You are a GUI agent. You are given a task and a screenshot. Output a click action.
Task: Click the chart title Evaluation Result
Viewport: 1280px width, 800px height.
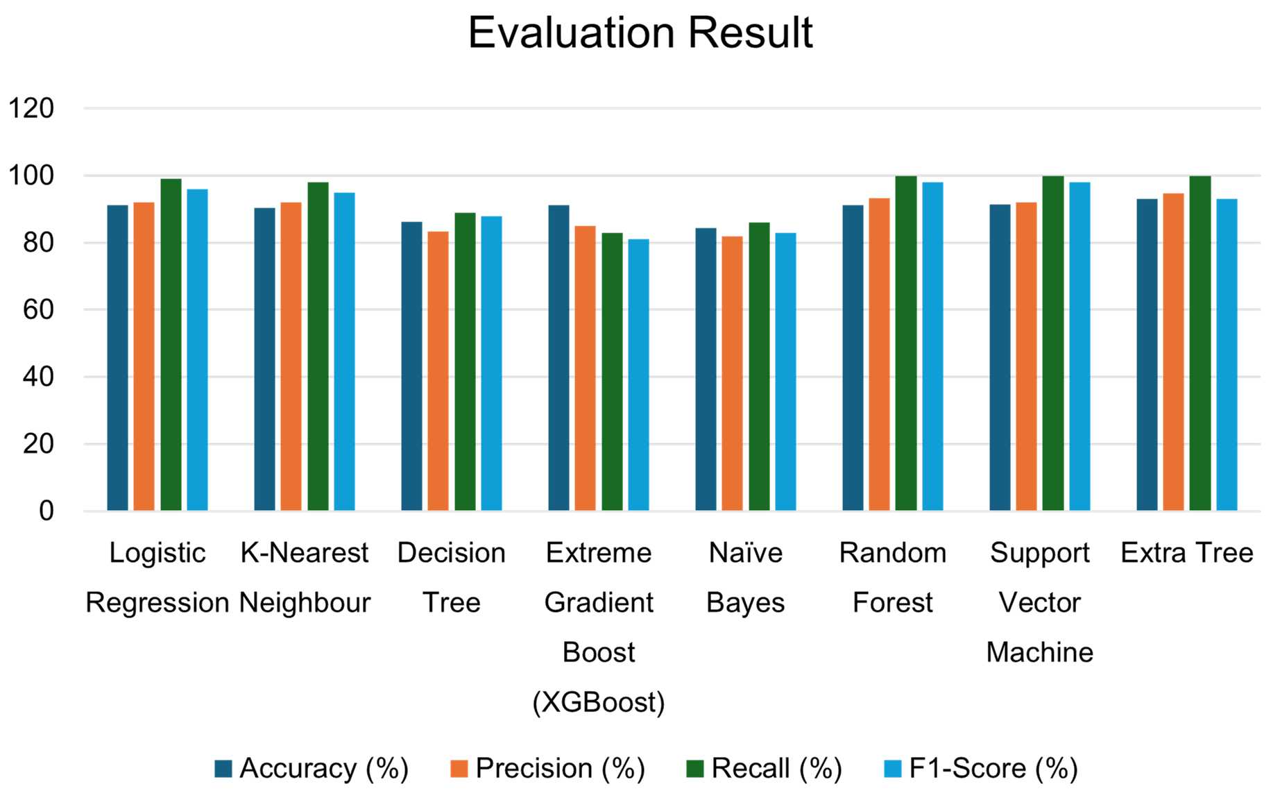(640, 33)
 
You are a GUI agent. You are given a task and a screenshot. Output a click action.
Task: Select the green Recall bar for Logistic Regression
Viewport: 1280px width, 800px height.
(171, 345)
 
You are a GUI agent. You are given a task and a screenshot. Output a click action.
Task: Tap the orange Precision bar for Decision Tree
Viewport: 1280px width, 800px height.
(438, 371)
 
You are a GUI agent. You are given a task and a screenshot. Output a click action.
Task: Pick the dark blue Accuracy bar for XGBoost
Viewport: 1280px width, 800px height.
(558, 358)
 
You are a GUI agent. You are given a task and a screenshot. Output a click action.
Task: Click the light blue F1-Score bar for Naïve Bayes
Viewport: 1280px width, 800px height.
(785, 372)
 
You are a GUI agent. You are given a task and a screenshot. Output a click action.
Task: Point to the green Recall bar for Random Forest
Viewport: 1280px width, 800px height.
(905, 343)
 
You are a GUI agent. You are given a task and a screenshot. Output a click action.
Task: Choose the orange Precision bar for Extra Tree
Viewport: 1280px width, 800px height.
(1173, 352)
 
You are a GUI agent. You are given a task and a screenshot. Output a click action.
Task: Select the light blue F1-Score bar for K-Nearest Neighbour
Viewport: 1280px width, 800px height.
(344, 352)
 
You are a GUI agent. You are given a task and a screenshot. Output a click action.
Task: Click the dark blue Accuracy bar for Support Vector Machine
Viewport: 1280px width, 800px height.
(1000, 358)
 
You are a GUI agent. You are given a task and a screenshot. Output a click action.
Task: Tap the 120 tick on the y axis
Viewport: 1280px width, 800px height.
(31, 108)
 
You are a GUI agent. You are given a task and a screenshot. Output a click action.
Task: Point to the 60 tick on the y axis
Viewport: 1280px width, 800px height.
(38, 309)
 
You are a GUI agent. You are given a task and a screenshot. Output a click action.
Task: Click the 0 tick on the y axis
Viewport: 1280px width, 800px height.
(46, 511)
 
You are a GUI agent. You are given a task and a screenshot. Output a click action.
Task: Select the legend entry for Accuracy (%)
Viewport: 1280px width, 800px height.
(312, 769)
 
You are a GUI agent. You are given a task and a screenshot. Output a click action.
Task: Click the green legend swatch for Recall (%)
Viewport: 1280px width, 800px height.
(694, 769)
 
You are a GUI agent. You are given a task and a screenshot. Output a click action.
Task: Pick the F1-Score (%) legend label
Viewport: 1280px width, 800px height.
(993, 769)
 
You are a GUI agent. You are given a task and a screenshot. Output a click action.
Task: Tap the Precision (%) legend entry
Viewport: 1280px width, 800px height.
(547, 769)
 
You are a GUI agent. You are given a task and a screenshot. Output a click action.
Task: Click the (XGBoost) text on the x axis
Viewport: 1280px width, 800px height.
(598, 702)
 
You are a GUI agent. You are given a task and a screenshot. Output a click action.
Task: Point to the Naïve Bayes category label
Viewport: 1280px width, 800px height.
(745, 577)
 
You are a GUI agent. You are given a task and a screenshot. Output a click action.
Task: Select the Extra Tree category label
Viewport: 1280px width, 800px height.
(1186, 553)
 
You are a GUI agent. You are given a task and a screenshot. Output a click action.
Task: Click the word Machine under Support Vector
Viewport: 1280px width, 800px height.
(1039, 652)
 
